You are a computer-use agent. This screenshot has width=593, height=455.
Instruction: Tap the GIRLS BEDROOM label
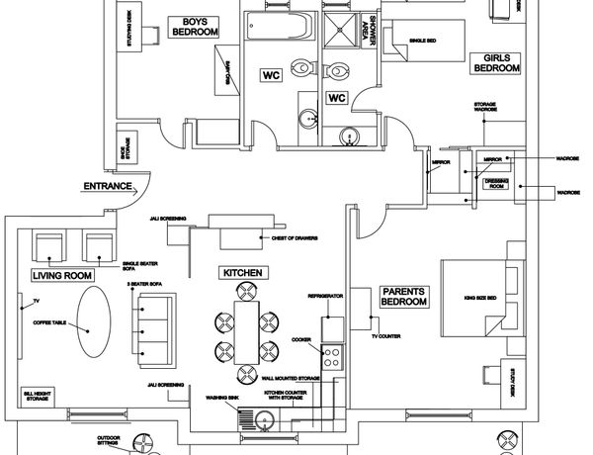point(496,63)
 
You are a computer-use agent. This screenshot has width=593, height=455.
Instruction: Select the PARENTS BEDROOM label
point(403,297)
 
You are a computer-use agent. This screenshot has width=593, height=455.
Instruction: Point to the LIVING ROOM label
point(62,275)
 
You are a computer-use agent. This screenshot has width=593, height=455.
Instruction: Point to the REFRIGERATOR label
point(325,295)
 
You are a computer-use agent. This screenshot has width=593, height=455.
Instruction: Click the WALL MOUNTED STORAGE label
point(291,378)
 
